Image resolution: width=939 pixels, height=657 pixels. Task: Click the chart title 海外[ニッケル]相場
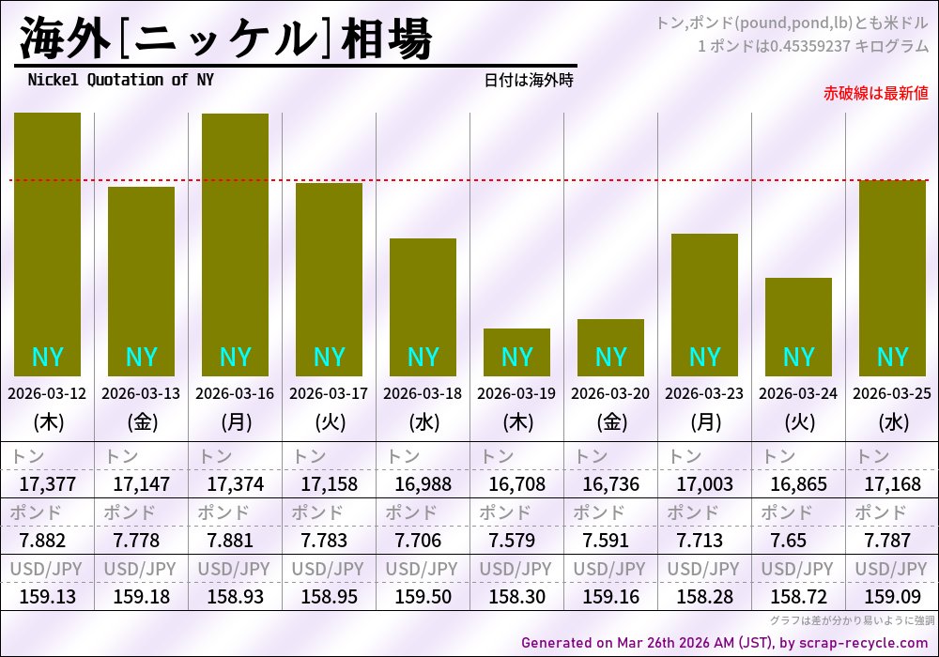pos(225,39)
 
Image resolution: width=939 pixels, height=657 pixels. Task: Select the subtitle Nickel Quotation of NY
pos(120,80)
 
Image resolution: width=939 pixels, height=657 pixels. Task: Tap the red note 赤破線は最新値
pos(875,93)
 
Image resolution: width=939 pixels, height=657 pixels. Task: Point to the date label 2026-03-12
pos(47,393)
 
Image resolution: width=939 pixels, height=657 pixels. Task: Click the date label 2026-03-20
pos(610,393)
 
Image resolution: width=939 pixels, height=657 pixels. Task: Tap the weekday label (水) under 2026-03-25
pos(892,422)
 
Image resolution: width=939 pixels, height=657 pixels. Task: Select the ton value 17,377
pos(47,484)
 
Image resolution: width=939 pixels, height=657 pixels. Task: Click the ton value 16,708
pos(516,484)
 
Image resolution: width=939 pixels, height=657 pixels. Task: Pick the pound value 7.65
pos(798,541)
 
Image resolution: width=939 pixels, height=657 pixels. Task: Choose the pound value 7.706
pos(423,541)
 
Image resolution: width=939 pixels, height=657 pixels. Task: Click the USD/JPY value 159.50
pos(423,596)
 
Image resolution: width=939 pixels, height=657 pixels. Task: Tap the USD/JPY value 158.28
pos(704,596)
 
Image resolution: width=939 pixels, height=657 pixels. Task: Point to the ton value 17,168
pos(892,484)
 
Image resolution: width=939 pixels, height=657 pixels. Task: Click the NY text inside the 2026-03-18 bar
pos(423,358)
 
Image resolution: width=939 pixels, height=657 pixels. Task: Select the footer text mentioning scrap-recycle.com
pos(723,643)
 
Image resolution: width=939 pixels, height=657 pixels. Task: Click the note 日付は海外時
pos(528,81)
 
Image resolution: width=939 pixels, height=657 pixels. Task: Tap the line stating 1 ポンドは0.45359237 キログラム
pos(812,45)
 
